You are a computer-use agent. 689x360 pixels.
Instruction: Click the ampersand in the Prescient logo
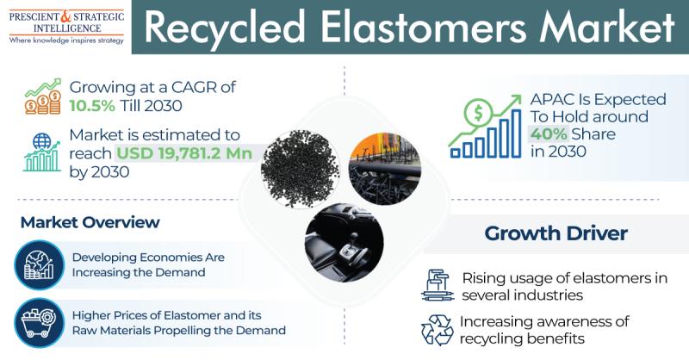pyautogui.click(x=65, y=16)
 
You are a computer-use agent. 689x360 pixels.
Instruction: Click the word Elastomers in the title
pyautogui.click(x=423, y=28)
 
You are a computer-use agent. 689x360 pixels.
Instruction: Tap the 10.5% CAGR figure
pyautogui.click(x=92, y=106)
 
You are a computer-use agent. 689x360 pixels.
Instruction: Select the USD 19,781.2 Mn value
pyautogui.click(x=184, y=153)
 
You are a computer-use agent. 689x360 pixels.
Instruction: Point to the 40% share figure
pyautogui.click(x=549, y=133)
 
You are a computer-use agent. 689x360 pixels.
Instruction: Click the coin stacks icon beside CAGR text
pyautogui.click(x=42, y=96)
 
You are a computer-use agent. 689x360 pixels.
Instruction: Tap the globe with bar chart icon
pyautogui.click(x=41, y=153)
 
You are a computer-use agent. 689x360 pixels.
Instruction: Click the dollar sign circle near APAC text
pyautogui.click(x=478, y=114)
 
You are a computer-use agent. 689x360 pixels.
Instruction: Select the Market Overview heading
pyautogui.click(x=90, y=222)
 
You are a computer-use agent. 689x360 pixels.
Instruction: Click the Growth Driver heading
pyautogui.click(x=556, y=233)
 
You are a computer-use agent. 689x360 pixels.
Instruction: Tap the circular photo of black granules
pyautogui.click(x=300, y=169)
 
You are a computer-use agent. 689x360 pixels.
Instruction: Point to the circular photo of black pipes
pyautogui.click(x=385, y=169)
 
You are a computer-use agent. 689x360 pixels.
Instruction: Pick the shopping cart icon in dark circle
pyautogui.click(x=39, y=323)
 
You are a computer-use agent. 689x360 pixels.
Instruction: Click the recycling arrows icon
pyautogui.click(x=437, y=330)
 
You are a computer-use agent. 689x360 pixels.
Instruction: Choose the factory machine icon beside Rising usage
pyautogui.click(x=438, y=285)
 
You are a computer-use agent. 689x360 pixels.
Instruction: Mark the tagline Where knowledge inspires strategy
pyautogui.click(x=66, y=40)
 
